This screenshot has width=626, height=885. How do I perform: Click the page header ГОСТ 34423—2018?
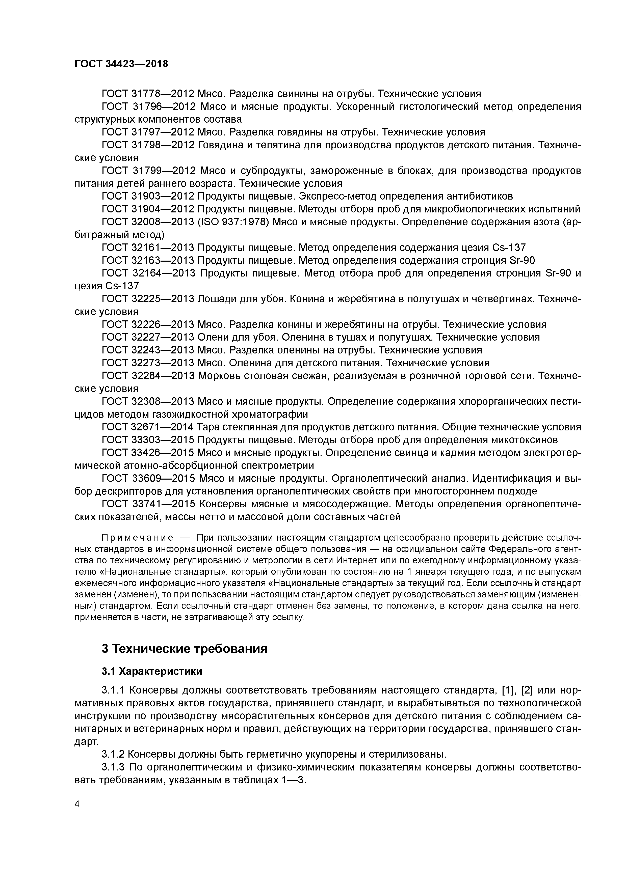[x=121, y=64]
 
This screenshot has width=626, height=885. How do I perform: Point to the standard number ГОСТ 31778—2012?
[x=148, y=94]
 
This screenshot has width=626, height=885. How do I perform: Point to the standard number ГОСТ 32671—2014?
[x=148, y=427]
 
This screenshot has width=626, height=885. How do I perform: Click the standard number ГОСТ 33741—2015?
[x=148, y=504]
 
